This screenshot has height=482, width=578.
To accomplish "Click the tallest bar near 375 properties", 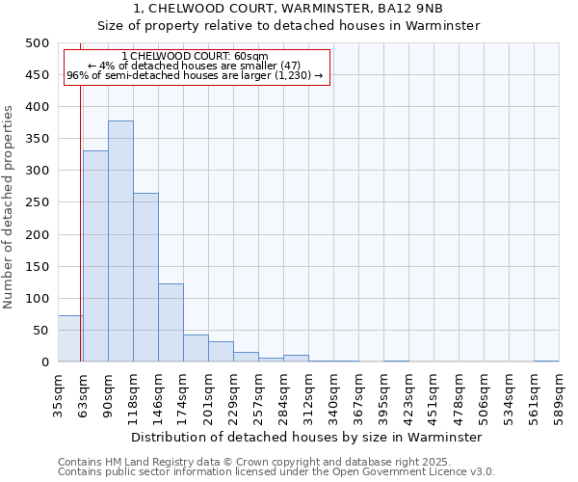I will coord(120,241).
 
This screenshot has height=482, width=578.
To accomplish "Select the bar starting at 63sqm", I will coord(95,256).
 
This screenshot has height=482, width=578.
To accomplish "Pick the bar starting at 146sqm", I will coord(171,323).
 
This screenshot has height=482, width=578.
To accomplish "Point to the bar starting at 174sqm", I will coord(196,348).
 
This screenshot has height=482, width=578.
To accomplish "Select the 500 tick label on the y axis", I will coord(37,43).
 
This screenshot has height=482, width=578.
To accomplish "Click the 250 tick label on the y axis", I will coord(37,202).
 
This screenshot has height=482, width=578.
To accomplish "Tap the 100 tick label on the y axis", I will coord(37,299).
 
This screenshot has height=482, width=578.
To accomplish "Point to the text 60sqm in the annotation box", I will coord(251,57).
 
